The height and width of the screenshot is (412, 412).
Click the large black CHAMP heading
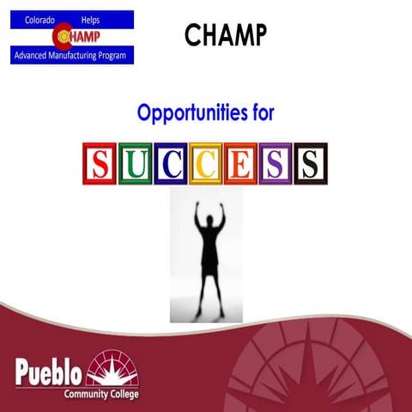point(226,34)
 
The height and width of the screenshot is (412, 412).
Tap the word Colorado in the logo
point(39,18)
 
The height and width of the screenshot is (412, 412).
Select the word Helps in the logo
point(90,18)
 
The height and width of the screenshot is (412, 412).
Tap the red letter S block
point(100,163)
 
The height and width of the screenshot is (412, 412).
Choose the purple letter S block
point(276,163)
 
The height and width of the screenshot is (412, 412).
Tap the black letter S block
point(311,163)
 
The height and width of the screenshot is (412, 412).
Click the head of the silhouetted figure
point(207,209)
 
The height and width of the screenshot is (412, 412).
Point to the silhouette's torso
point(207,245)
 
